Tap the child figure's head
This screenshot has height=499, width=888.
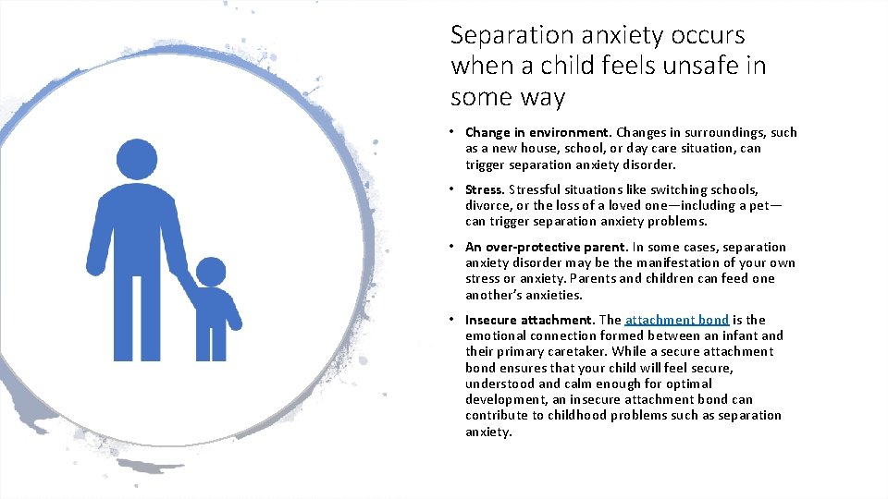pyautogui.click(x=211, y=272)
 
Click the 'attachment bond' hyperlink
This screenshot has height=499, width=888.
pyautogui.click(x=676, y=320)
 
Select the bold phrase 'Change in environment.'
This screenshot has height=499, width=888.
pyautogui.click(x=538, y=132)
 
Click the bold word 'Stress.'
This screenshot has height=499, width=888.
pyautogui.click(x=485, y=189)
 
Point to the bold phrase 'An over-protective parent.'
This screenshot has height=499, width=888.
pyautogui.click(x=547, y=247)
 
